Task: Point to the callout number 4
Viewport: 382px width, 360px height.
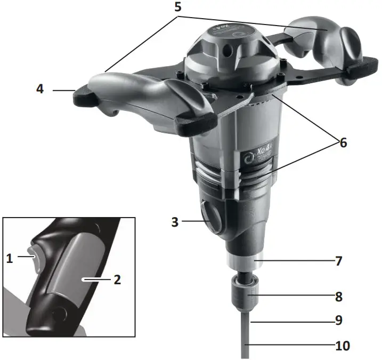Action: pyautogui.click(x=40, y=89)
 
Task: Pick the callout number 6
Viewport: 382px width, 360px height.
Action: pyautogui.click(x=343, y=142)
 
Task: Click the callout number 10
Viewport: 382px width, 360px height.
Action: pyautogui.click(x=342, y=346)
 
